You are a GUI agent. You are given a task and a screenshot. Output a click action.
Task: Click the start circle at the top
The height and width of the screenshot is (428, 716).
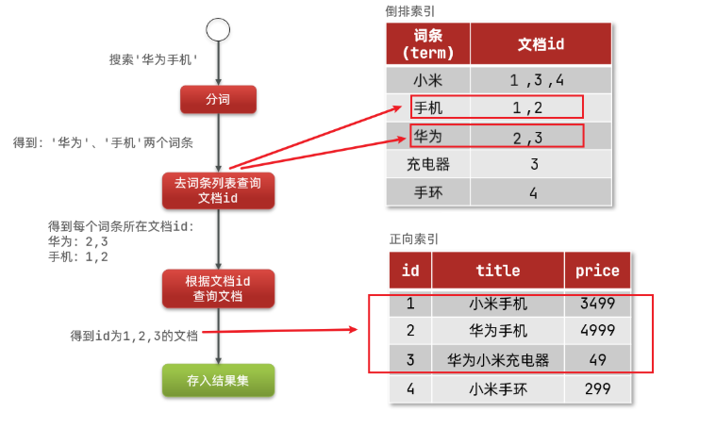point(218,29)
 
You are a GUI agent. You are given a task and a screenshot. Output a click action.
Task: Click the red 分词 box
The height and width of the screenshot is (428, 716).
point(218,99)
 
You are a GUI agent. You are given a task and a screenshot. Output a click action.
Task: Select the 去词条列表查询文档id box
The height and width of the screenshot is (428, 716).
point(218,189)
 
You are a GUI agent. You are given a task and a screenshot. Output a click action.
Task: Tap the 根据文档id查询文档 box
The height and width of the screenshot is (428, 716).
point(218,288)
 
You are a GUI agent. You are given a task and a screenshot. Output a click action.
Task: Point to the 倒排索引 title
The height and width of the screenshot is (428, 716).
point(411,10)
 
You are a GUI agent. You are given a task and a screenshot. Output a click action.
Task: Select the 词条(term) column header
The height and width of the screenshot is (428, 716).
point(428,43)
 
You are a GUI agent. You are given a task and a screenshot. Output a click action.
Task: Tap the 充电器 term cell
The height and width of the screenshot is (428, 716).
point(428,164)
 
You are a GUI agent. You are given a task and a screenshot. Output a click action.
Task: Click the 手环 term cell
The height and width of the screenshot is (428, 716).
point(428,193)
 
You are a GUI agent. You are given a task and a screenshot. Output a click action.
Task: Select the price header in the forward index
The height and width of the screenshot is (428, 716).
point(597,271)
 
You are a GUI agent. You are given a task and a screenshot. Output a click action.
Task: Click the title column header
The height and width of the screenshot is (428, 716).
point(498,271)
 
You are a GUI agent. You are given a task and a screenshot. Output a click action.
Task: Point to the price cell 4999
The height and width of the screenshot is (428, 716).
point(597,331)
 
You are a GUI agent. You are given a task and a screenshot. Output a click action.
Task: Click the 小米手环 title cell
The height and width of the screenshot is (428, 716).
point(498,387)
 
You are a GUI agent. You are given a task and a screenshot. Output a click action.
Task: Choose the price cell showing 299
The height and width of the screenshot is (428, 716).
point(597,387)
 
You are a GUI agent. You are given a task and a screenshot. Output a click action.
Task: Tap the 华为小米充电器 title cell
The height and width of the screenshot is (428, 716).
point(498,359)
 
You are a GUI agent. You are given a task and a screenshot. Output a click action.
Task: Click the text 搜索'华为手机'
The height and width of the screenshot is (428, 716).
point(153,59)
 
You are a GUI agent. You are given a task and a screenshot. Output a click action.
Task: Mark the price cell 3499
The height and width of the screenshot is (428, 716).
point(597,304)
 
